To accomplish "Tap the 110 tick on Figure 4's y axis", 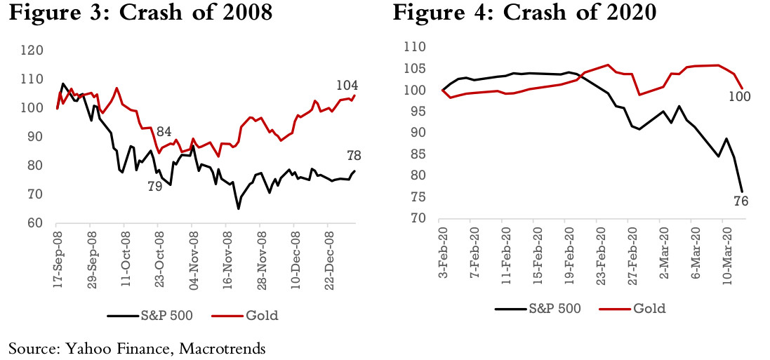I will coord(415,47).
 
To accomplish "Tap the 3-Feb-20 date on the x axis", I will coord(444,251).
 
